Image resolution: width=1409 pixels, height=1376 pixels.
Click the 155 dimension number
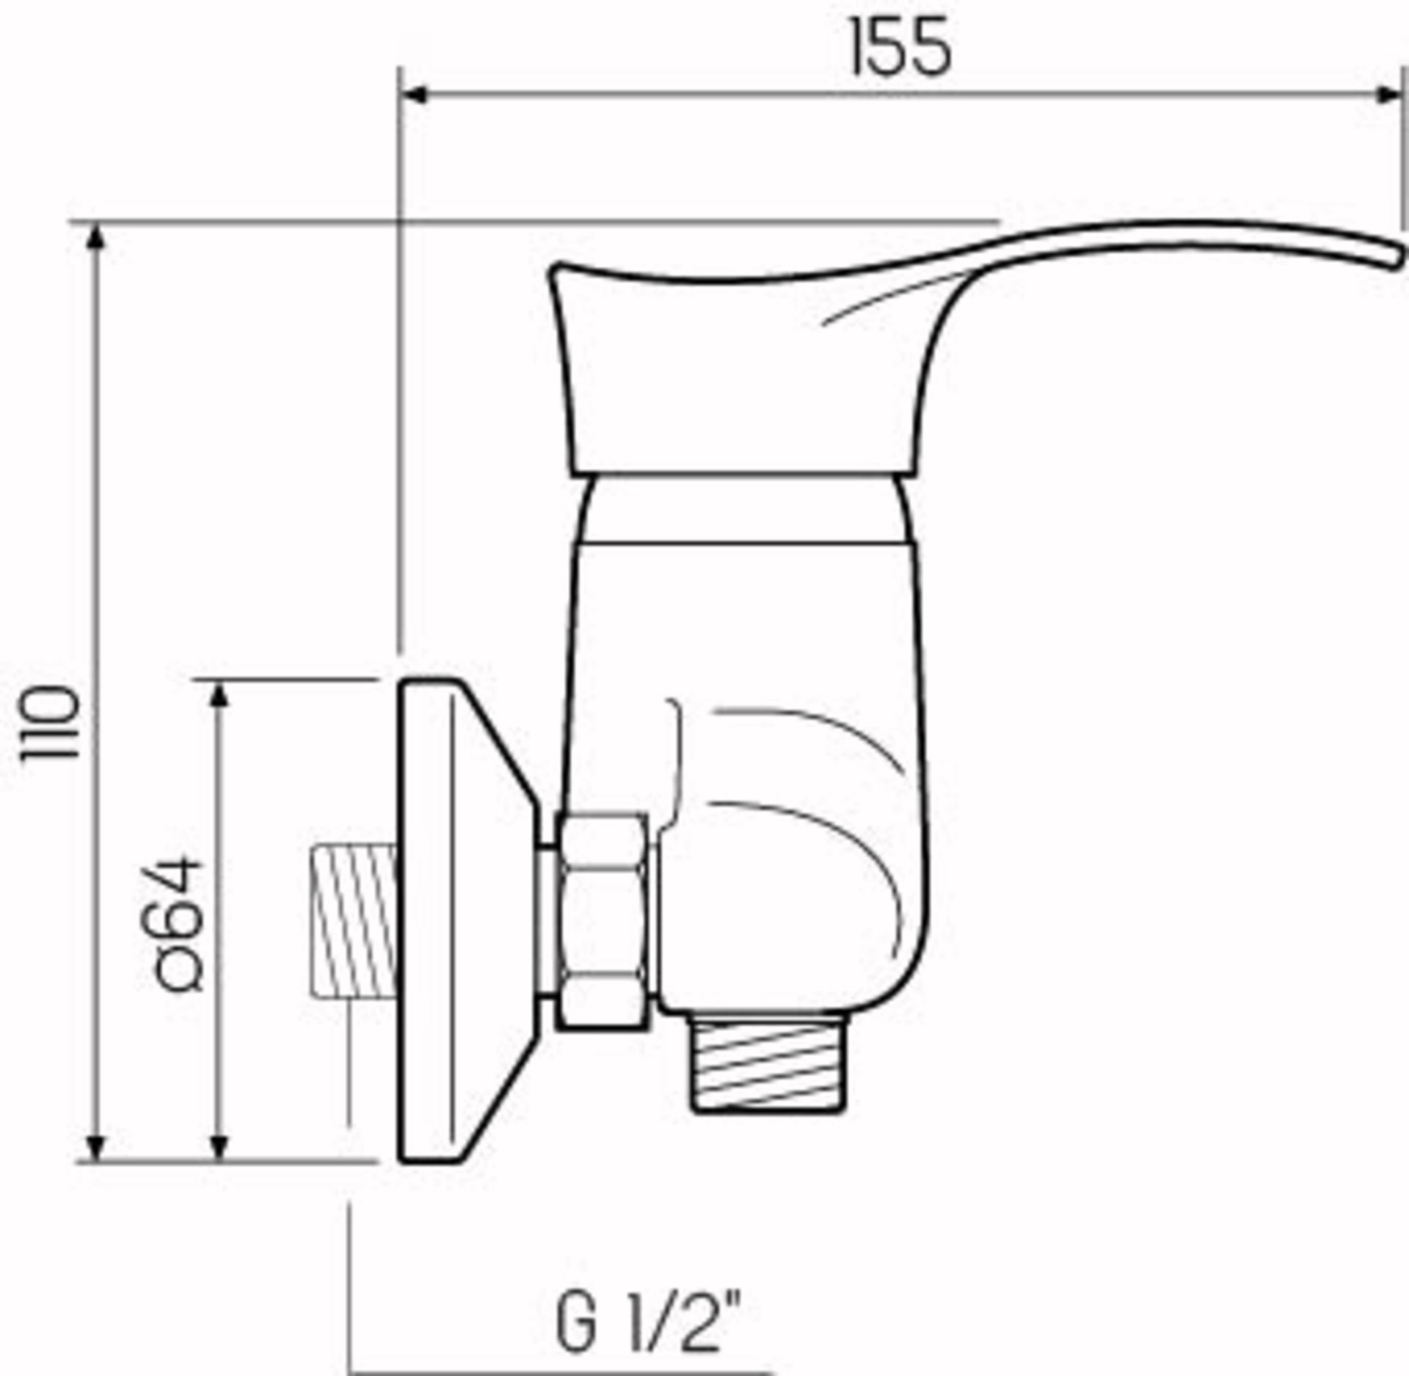pos(900,48)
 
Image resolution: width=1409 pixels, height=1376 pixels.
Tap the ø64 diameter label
pos(179,925)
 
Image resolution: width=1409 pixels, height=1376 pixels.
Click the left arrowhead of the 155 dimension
pos(415,95)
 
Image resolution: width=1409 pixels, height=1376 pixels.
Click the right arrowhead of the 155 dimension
pos(1389,95)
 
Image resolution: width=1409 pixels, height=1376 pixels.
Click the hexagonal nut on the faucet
pos(602,920)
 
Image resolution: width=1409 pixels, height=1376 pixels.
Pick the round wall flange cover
pos(455,920)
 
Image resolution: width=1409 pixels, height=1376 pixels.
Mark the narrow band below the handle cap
pos(741,509)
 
